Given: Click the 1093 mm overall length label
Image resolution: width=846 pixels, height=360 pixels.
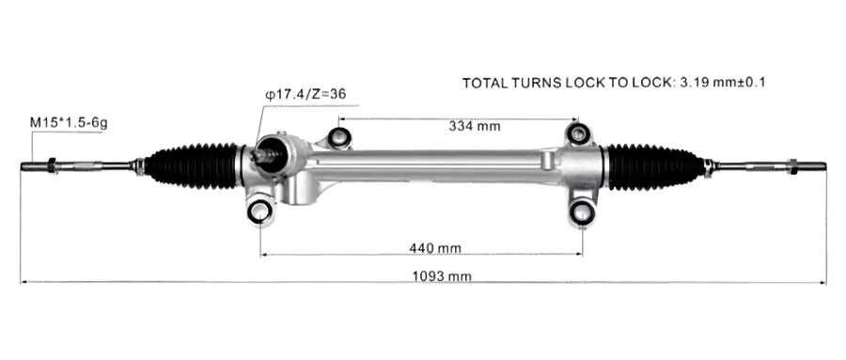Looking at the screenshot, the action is (x=442, y=276).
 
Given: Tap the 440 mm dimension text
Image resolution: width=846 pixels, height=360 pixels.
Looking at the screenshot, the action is (x=435, y=248).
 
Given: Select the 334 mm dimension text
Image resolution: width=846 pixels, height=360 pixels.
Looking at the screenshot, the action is (x=475, y=126).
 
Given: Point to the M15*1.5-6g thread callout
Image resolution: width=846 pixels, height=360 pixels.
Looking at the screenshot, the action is (x=69, y=123).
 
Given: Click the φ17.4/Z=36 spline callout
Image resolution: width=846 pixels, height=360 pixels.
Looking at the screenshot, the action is (x=305, y=94).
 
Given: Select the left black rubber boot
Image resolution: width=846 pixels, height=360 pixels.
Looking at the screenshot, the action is (x=193, y=166).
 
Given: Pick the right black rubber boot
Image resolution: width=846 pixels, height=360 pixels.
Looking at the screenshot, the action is (x=655, y=166).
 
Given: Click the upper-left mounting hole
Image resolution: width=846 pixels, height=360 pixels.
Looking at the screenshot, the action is (x=339, y=137).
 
